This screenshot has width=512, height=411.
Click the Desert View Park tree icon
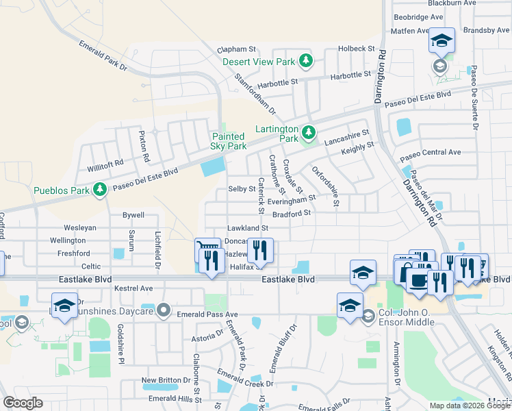click(307, 62)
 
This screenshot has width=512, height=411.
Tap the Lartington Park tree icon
click(308, 130)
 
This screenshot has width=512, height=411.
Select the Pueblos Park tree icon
click(100, 188)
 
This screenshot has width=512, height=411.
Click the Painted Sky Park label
click(229, 141)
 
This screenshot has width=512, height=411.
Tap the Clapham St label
click(236, 49)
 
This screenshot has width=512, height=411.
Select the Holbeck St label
click(357, 49)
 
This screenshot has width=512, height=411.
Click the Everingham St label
click(292, 199)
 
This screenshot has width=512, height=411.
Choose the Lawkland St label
click(247, 227)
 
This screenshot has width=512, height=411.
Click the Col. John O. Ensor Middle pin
click(368, 316)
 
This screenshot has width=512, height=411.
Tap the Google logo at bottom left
click(21, 403)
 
